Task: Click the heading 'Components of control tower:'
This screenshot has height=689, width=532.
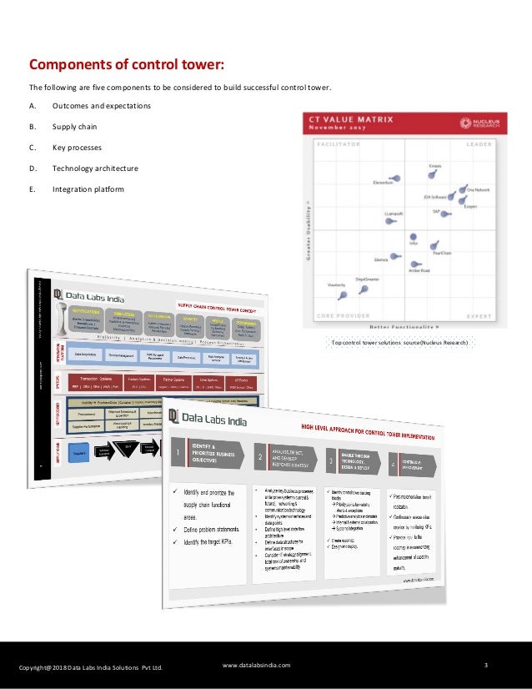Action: click(127, 65)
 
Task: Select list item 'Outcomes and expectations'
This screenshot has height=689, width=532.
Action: click(101, 106)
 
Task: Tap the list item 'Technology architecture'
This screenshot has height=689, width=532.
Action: click(95, 168)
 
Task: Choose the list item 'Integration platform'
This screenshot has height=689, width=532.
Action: click(88, 189)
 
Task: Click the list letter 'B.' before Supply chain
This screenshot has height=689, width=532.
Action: click(33, 127)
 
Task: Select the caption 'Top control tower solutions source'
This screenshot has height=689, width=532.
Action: click(399, 343)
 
